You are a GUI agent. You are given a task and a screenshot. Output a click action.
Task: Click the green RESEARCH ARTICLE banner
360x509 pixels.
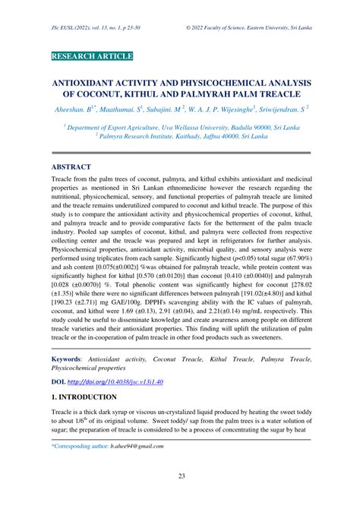92,56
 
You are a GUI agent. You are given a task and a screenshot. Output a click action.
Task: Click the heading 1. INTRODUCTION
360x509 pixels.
84,397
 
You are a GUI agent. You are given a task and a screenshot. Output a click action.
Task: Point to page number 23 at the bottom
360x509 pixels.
179,497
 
